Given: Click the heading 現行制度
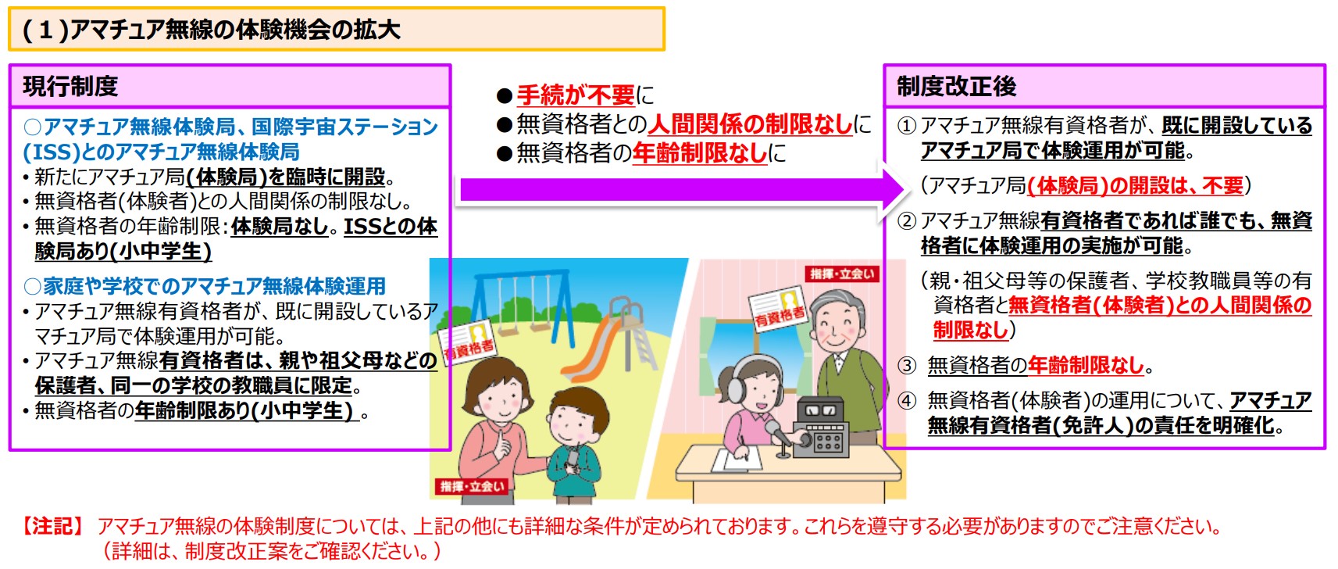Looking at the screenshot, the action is (70, 87).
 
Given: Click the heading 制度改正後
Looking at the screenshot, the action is (956, 87).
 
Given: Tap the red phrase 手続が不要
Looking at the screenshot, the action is (575, 95).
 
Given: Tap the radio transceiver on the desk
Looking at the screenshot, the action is (822, 428).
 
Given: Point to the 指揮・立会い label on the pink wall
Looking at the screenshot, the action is (842, 274).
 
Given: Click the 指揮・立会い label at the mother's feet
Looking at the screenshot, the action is (472, 486).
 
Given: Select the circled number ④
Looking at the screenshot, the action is (907, 400).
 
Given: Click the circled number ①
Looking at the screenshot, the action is (907, 126).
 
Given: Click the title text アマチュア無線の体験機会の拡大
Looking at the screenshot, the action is (235, 30).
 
